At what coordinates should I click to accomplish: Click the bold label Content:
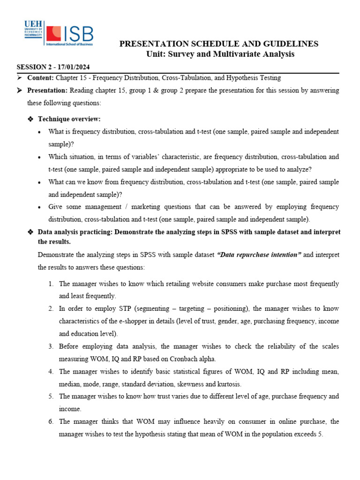coord(41,78)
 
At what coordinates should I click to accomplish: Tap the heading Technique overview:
coord(69,119)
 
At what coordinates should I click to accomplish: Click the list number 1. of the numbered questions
coord(51,284)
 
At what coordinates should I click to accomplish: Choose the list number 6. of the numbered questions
coord(51,422)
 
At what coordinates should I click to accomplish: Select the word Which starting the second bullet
coord(58,157)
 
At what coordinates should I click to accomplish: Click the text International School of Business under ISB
coord(70,45)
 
